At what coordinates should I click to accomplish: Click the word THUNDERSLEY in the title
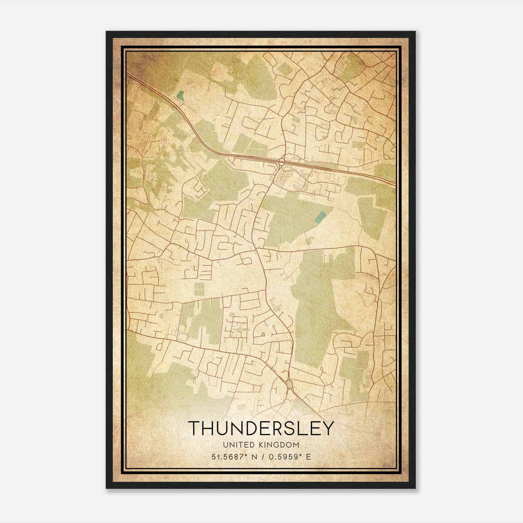point(261,428)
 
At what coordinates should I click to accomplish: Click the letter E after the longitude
point(308,457)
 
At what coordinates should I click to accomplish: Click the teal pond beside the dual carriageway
point(179,95)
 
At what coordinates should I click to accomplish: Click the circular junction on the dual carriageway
point(282,161)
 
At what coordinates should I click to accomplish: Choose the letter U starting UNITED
point(225,445)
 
